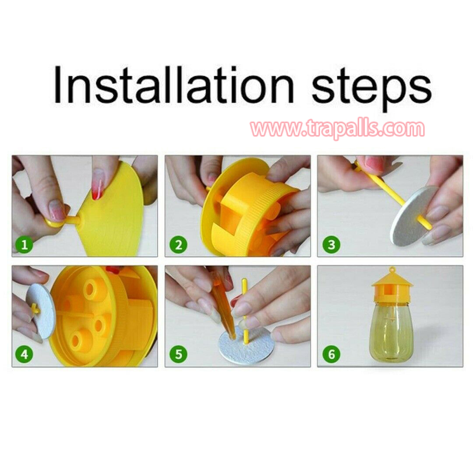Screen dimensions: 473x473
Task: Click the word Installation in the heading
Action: pyautogui.click(x=174, y=85)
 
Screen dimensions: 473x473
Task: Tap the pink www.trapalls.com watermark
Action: pyautogui.click(x=338, y=129)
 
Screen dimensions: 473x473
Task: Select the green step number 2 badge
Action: pyautogui.click(x=178, y=244)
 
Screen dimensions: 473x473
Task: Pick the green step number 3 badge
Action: pyautogui.click(x=331, y=244)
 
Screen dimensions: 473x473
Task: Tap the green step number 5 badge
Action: pyautogui.click(x=178, y=354)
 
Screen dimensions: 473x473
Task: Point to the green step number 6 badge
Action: pyautogui.click(x=331, y=354)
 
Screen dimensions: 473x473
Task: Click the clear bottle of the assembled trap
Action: pyautogui.click(x=391, y=332)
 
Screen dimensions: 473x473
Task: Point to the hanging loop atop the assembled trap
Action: pyautogui.click(x=392, y=270)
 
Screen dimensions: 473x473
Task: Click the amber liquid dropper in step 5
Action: pyautogui.click(x=223, y=305)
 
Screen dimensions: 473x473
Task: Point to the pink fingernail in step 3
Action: pyautogui.click(x=374, y=164)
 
